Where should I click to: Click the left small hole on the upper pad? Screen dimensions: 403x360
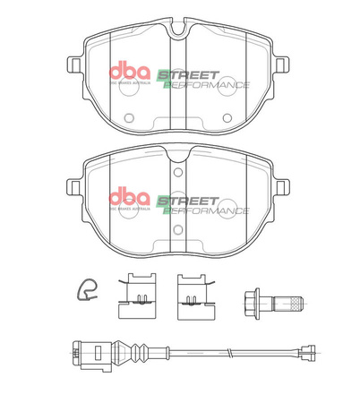pos(128,116)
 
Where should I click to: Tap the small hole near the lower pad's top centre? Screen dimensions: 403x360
pos(177,172)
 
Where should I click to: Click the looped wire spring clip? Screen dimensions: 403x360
pos(87,288)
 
